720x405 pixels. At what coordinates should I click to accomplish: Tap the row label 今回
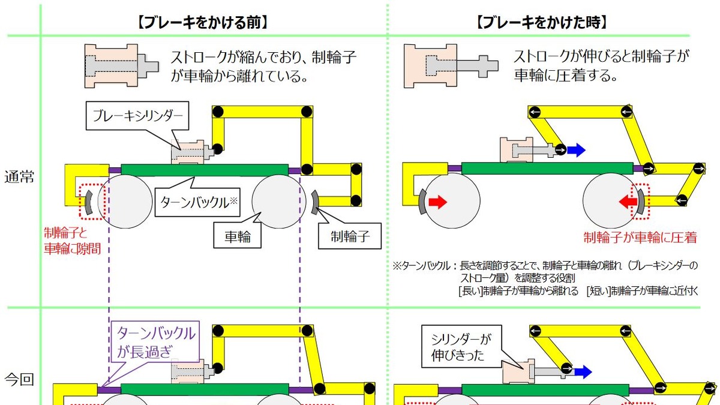click(19, 379)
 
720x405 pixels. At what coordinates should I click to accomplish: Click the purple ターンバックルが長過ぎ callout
click(155, 343)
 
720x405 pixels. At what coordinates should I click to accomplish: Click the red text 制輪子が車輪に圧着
click(640, 238)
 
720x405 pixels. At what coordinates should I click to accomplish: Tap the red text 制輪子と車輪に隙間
click(72, 240)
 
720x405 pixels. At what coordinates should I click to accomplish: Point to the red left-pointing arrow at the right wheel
click(628, 202)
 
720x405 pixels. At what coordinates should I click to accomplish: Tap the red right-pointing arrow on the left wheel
click(438, 202)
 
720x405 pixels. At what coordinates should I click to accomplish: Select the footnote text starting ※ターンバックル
click(546, 278)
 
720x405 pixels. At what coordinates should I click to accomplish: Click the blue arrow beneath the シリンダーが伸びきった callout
click(583, 372)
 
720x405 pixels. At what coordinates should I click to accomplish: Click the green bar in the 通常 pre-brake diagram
click(204, 170)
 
